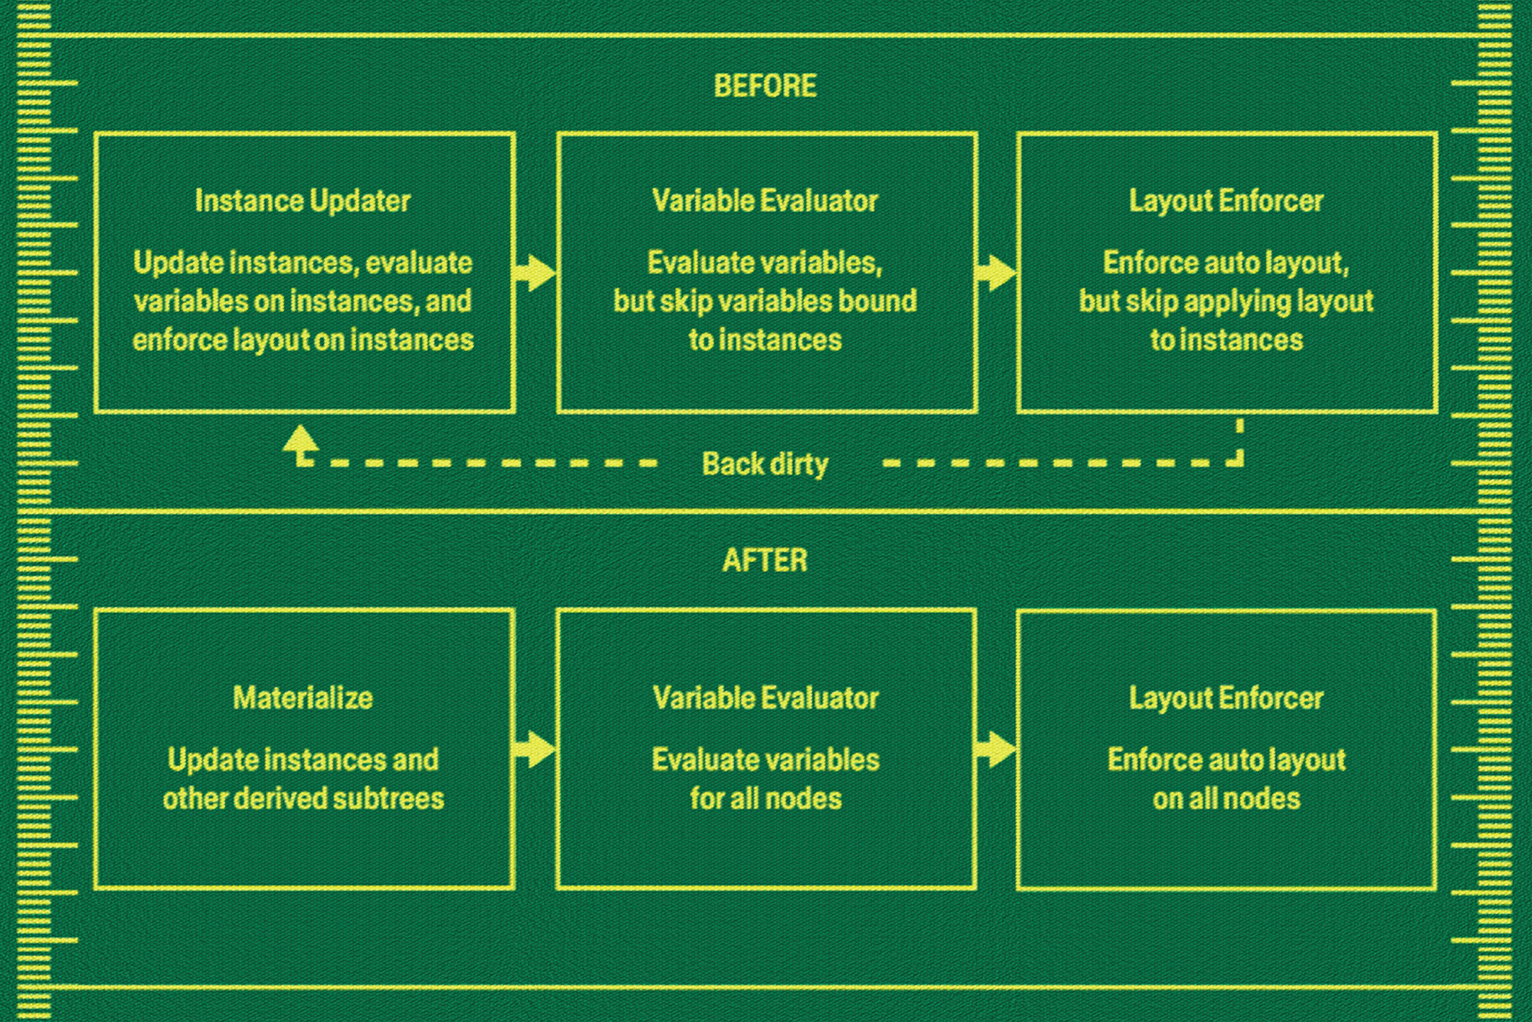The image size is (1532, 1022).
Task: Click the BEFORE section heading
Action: click(765, 86)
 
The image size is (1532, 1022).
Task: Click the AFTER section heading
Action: click(765, 561)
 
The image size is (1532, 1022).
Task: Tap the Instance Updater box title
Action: click(303, 201)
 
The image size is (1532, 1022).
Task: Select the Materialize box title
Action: click(303, 698)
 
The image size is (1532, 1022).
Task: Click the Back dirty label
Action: click(765, 464)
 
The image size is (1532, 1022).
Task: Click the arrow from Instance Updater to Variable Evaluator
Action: click(535, 273)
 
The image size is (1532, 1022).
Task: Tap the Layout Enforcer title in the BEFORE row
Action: click(1226, 201)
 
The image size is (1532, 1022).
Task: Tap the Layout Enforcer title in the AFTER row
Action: click(1226, 698)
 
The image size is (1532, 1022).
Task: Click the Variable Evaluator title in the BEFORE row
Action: click(765, 201)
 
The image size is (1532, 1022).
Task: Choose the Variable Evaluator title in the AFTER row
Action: click(765, 698)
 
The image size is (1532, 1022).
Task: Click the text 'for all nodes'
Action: click(765, 799)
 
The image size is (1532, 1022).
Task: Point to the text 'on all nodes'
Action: click(1226, 799)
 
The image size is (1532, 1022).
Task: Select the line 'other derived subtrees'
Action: click(303, 799)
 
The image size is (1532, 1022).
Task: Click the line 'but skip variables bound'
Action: click(765, 302)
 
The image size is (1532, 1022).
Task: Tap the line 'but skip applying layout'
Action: click(1226, 302)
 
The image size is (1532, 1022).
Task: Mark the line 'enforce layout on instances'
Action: click(303, 341)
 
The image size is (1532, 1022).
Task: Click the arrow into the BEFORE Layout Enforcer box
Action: click(997, 273)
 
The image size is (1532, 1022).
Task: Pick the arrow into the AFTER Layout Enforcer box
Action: click(997, 750)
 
